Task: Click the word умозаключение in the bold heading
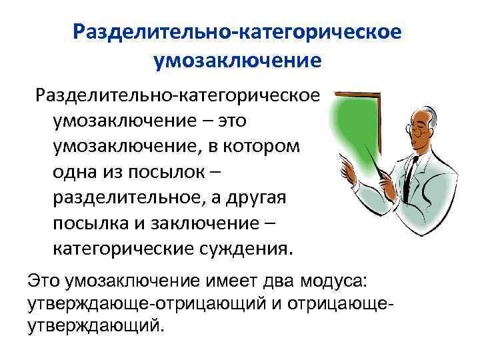tap(237, 61)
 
